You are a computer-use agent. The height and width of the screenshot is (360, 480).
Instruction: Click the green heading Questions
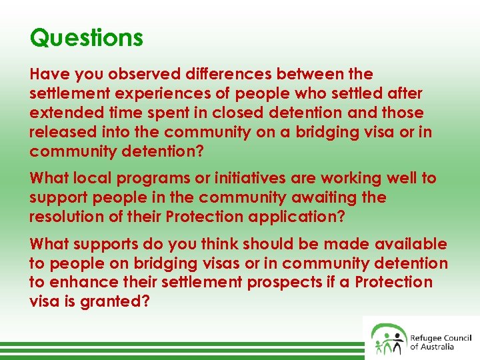(86, 37)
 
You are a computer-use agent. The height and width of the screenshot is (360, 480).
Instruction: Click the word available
(411, 245)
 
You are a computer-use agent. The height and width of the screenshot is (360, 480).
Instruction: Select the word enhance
(82, 283)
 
